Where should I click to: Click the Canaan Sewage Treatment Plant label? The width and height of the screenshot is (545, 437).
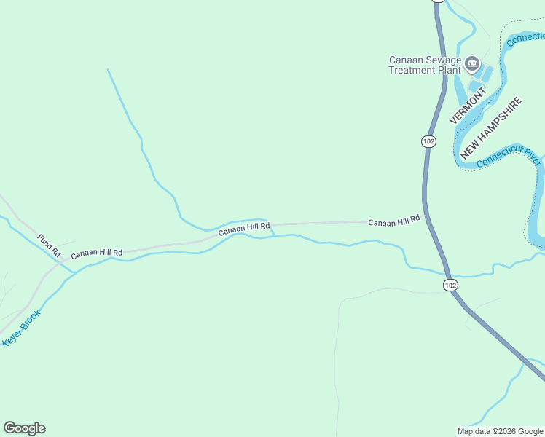425,65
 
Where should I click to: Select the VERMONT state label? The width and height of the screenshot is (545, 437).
467,106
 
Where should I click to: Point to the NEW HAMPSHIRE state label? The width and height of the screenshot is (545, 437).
492,128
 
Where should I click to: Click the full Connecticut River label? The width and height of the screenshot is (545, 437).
509,158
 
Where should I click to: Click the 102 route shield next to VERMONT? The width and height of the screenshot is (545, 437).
428,141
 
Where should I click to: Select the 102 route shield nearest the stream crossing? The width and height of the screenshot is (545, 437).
450,284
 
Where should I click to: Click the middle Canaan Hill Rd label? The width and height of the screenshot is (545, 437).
245,228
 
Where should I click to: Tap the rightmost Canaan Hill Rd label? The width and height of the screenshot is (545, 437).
394,221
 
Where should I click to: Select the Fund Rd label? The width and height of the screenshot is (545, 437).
49,245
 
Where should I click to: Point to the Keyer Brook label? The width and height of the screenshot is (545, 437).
22,328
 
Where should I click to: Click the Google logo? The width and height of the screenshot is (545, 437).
24,428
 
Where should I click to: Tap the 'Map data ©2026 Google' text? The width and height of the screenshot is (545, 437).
500,431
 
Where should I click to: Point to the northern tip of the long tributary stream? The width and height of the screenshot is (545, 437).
108,70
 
